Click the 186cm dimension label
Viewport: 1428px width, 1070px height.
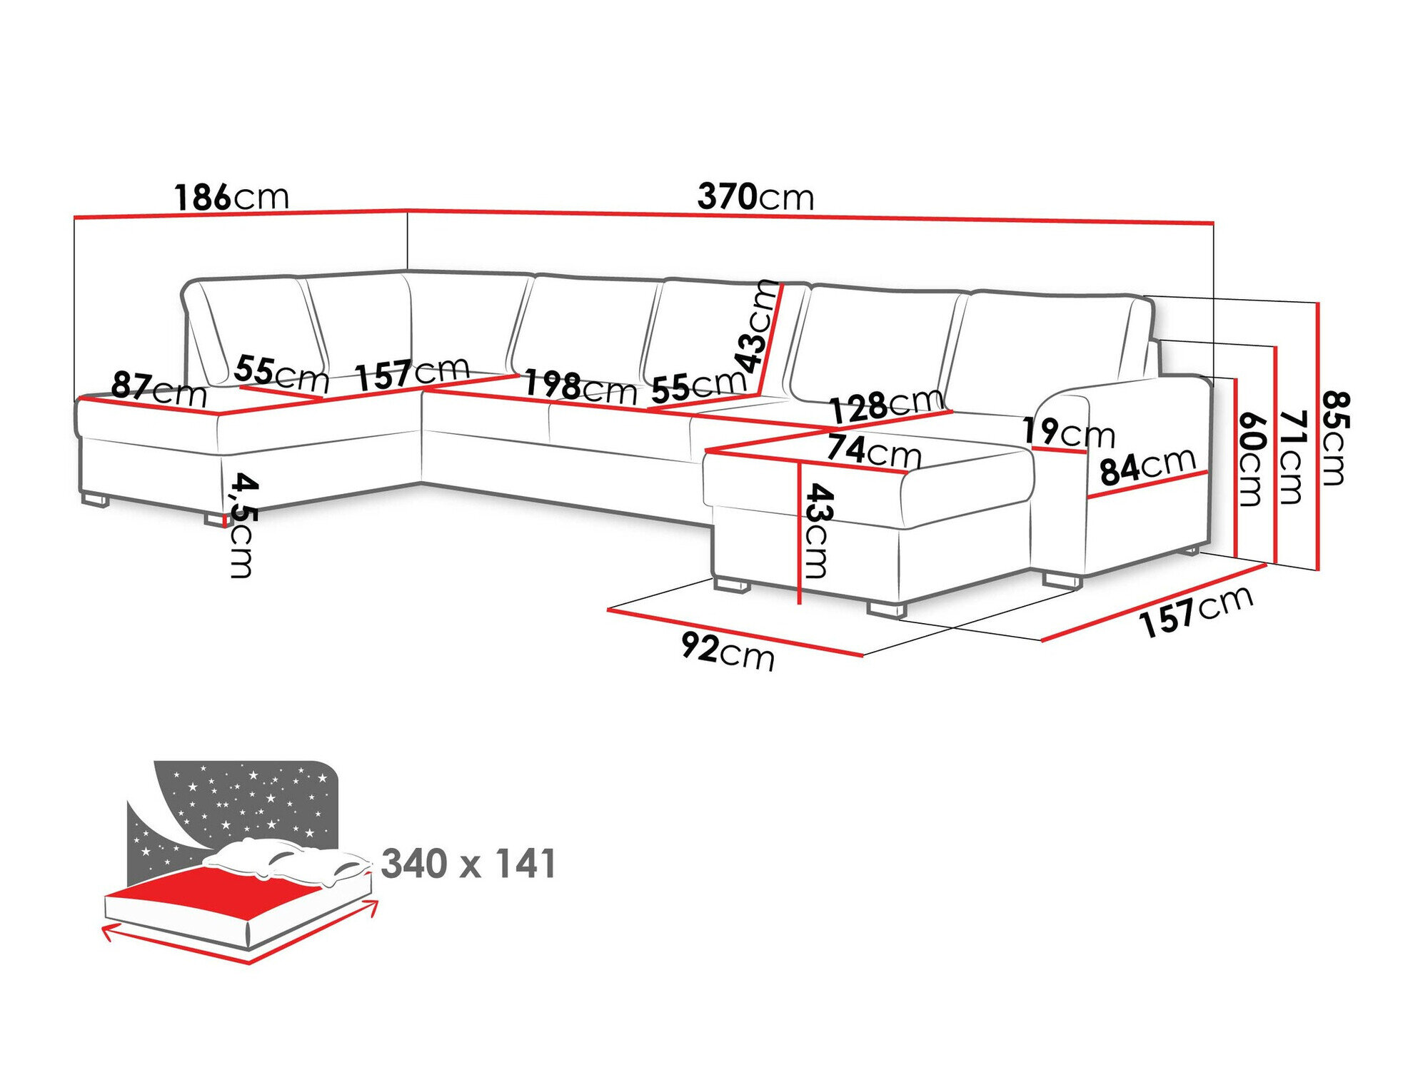pos(231,196)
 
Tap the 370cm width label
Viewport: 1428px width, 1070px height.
pos(755,196)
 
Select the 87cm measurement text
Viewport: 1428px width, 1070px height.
pos(159,389)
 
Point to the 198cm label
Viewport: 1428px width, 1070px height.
pos(580,387)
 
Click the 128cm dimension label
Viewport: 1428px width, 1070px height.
pos(885,405)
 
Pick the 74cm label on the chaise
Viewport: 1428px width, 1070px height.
pos(873,451)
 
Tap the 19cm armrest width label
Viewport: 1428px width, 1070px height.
pos(1067,432)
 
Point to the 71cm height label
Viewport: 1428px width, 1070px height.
pos(1292,457)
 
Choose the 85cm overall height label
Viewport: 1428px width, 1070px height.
pos(1334,438)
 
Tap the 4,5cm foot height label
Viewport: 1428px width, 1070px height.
pos(241,525)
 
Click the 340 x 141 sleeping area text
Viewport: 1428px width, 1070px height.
pos(468,864)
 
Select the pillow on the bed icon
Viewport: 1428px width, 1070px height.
pos(286,860)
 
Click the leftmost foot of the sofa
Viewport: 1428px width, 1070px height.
pos(95,500)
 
